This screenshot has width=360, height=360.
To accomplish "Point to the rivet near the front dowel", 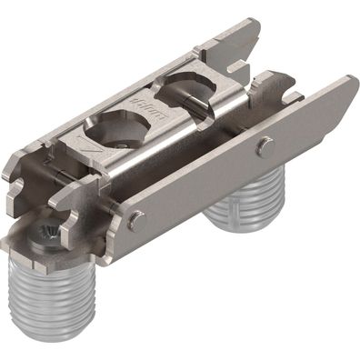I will [x=135, y=218].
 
